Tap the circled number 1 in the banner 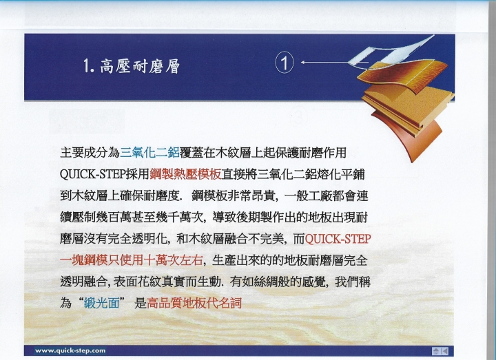coord(285,63)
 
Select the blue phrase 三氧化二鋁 coord(149,153)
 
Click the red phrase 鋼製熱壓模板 coord(185,174)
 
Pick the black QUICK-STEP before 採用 coord(92,174)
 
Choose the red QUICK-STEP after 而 coord(338,239)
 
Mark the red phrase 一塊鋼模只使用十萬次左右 coord(132,260)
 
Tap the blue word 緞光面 coord(101,304)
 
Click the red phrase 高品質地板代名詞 coord(194,304)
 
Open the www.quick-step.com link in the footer coord(70,350)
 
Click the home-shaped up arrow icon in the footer coord(436,351)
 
